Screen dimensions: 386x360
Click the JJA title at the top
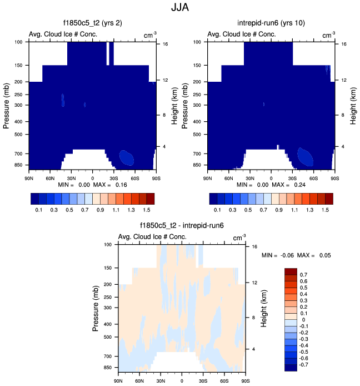(x=179, y=9)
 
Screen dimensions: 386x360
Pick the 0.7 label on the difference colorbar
(x=303, y=275)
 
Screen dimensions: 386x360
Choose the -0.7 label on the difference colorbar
(x=304, y=364)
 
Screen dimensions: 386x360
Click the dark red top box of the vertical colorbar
(x=291, y=271)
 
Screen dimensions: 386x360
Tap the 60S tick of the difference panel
(x=224, y=380)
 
